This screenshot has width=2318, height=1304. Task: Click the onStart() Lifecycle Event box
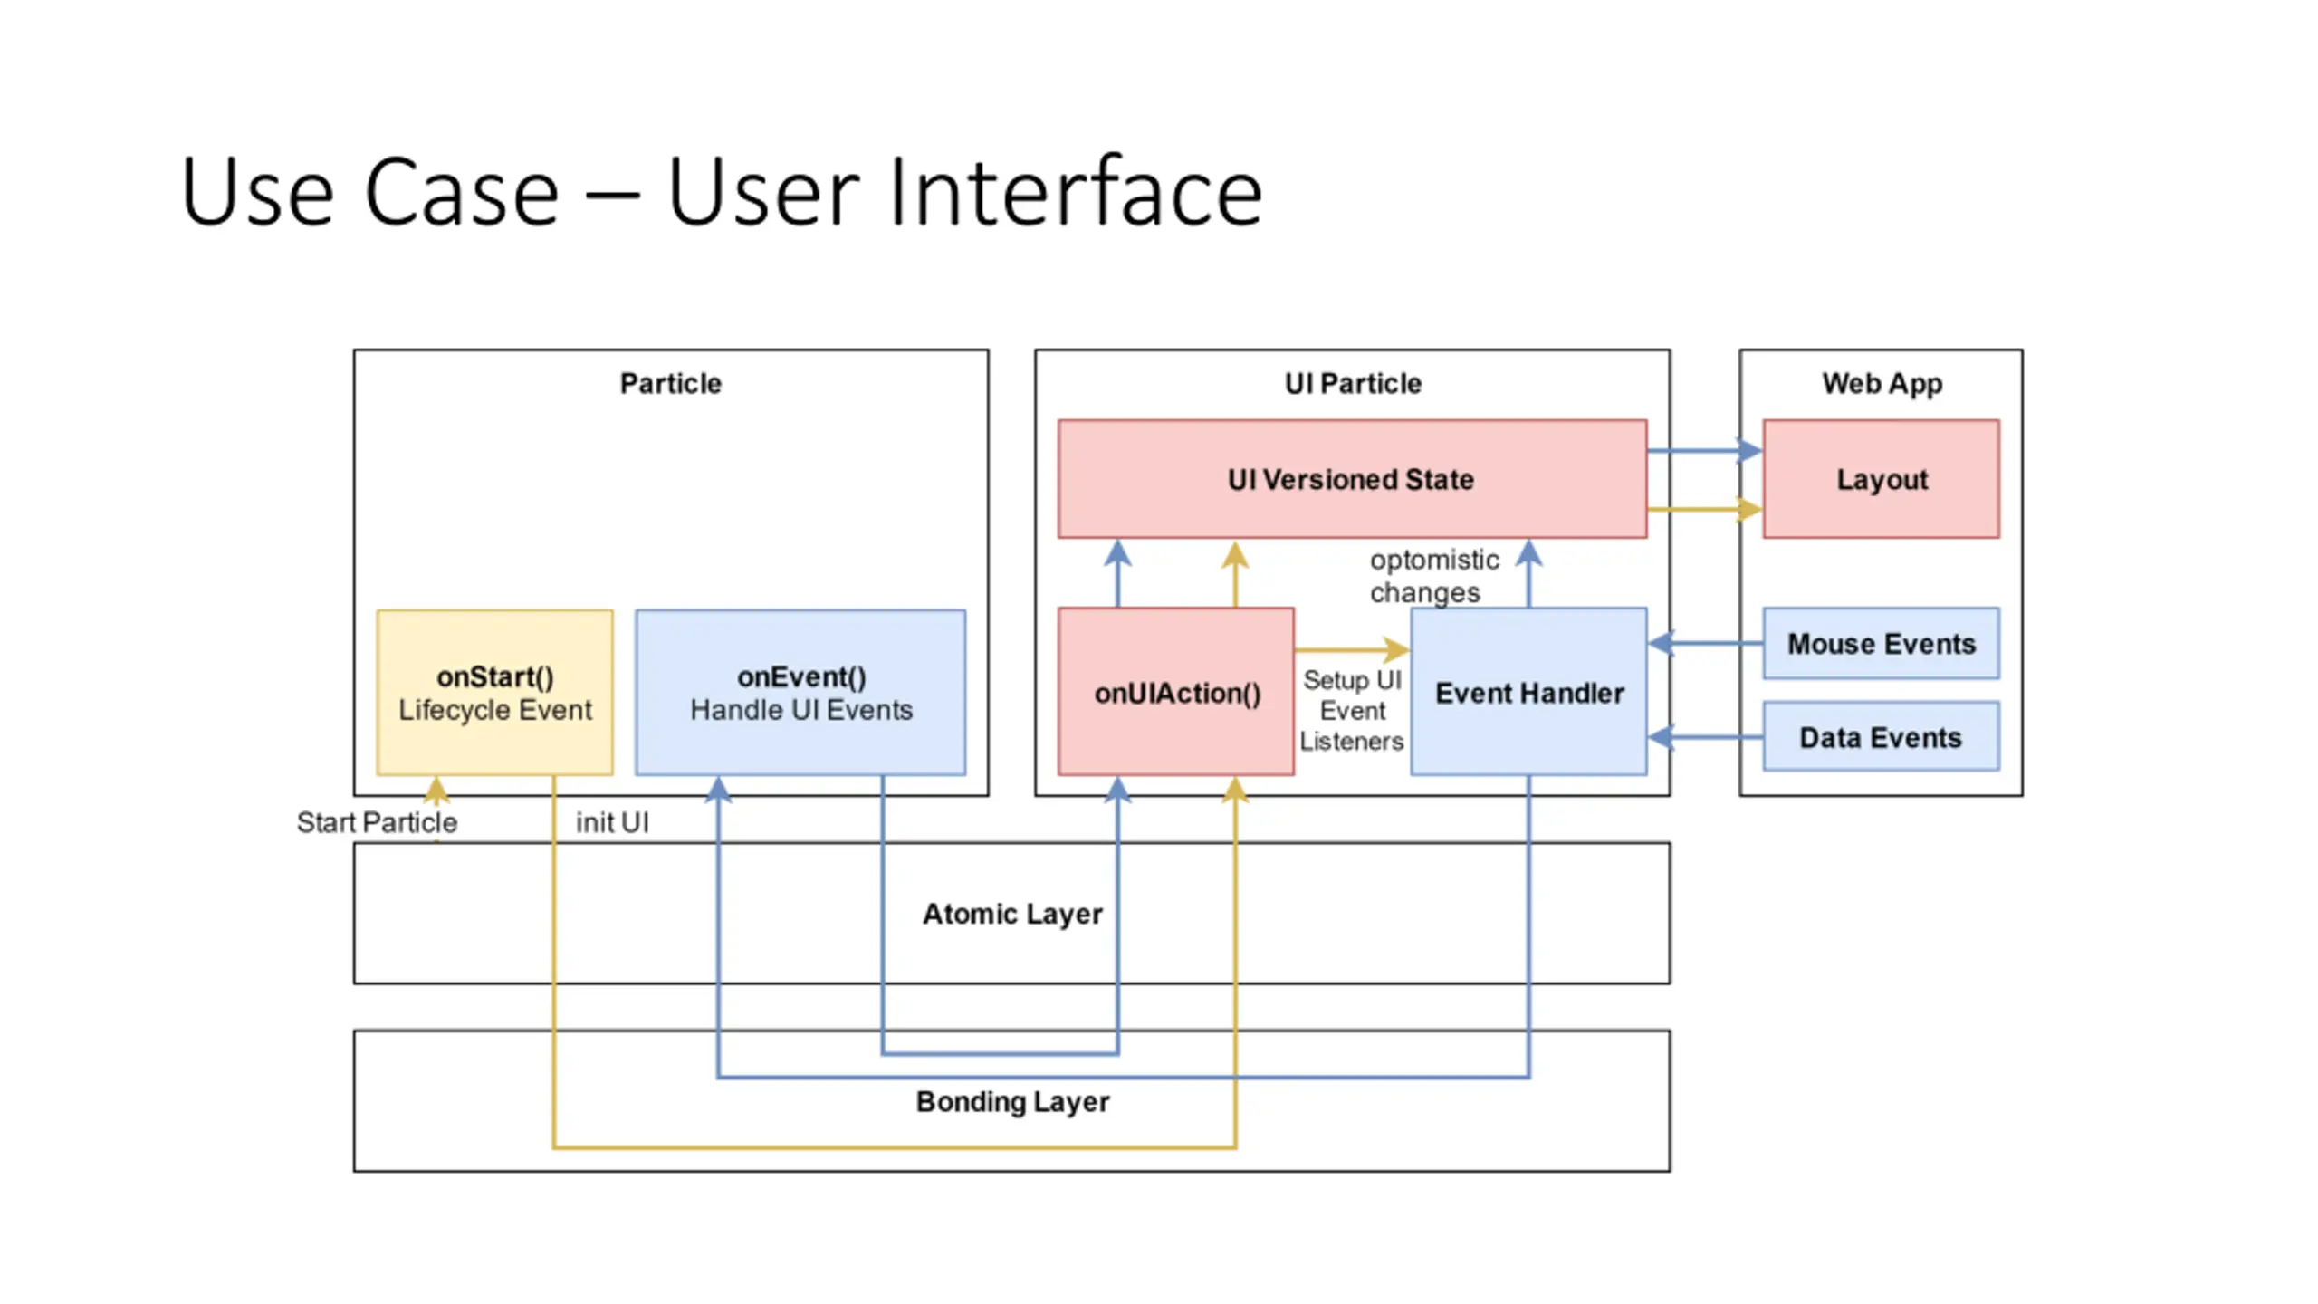point(494,692)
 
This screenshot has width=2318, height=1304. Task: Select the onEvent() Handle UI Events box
point(800,692)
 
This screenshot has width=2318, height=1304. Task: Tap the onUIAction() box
point(1176,692)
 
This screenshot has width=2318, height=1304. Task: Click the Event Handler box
point(1528,692)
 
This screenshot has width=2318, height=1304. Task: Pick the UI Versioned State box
point(1352,478)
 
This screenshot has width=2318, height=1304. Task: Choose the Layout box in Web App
point(1881,478)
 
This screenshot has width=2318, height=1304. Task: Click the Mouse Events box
point(1881,643)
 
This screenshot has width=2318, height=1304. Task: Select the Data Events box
point(1881,737)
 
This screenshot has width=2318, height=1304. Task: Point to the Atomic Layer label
point(1012,914)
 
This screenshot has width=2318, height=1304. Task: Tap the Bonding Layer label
point(1012,1101)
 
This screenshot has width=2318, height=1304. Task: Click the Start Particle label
point(377,822)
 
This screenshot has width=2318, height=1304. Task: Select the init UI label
point(612,822)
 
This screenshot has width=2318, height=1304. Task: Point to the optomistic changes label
point(1434,576)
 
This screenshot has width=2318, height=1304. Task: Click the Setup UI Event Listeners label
point(1352,710)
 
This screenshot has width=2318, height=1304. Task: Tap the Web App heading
point(1882,383)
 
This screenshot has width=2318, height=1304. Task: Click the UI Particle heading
point(1353,383)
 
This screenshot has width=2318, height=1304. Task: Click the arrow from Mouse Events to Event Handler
point(1705,643)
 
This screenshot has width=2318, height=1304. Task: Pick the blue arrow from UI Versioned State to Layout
point(1705,450)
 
